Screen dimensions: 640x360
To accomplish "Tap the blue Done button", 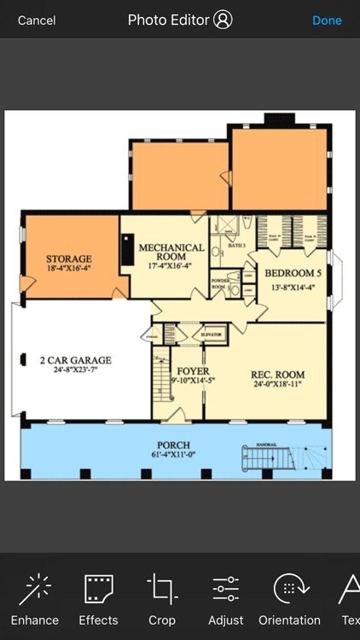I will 327,20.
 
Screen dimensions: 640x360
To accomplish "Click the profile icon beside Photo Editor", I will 223,20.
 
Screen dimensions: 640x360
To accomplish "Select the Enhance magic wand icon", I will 35,590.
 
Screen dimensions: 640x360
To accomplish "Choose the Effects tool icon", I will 98,590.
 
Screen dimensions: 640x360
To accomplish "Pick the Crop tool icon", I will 162,590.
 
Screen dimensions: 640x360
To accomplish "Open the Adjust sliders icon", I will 226,590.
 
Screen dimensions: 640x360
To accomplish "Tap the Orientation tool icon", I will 289,590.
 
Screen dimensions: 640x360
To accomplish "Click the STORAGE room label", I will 68,259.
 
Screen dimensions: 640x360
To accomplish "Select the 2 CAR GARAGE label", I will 75,361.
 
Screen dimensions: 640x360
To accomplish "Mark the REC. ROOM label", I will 277,375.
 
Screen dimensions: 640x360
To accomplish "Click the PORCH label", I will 173,445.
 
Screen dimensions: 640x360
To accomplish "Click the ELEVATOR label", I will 211,334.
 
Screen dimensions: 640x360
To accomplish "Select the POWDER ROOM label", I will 218,283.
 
